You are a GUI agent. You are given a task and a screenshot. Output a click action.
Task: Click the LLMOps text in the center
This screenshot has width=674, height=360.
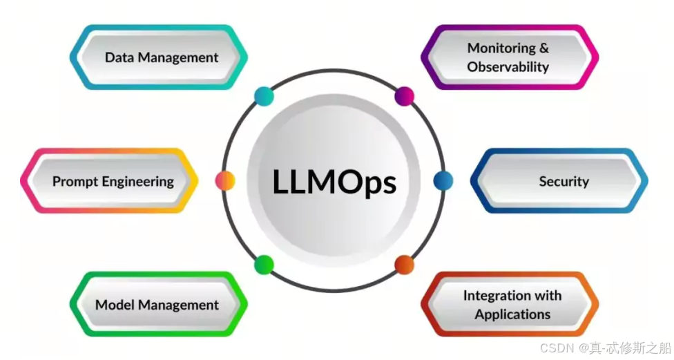pyautogui.click(x=334, y=182)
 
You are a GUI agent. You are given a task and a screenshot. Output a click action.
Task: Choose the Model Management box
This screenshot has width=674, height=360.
pyautogui.click(x=157, y=305)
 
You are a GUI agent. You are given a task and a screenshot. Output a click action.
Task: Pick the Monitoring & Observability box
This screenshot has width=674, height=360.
pyautogui.click(x=509, y=57)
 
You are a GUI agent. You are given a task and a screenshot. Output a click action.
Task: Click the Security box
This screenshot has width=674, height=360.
pyautogui.click(x=562, y=181)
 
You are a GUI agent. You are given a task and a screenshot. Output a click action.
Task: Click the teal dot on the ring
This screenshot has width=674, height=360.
pyautogui.click(x=264, y=96)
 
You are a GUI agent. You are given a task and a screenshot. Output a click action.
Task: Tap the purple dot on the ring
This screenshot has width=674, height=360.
pyautogui.click(x=404, y=96)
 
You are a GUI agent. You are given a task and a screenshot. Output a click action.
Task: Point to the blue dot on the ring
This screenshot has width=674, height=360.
pyautogui.click(x=443, y=181)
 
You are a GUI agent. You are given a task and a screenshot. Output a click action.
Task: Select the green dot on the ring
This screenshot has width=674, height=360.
pyautogui.click(x=264, y=265)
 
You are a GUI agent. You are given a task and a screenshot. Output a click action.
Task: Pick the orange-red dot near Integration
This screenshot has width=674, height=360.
pyautogui.click(x=404, y=265)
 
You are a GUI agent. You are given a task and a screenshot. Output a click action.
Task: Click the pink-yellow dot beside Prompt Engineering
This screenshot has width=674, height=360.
pyautogui.click(x=225, y=181)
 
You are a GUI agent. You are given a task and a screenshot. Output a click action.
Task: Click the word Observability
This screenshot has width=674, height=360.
pyautogui.click(x=508, y=67)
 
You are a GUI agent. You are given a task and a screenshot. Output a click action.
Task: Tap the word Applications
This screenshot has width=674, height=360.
pyautogui.click(x=512, y=314)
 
